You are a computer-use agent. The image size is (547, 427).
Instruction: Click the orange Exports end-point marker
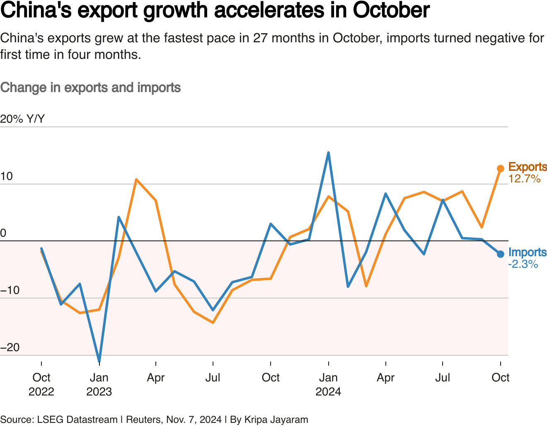[x=501, y=168]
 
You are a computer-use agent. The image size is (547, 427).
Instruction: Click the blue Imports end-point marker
[x=501, y=254]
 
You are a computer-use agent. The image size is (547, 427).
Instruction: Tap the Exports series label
[x=527, y=167]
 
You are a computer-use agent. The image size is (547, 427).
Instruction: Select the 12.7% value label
[x=524, y=179]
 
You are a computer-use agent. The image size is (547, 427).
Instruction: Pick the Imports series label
[x=527, y=252]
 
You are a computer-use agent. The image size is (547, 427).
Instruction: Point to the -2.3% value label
[x=523, y=264]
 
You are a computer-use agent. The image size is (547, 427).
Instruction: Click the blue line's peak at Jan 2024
[x=328, y=153]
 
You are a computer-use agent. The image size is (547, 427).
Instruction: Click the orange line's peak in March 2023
[x=136, y=180]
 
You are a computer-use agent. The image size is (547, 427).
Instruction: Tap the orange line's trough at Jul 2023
[x=213, y=322]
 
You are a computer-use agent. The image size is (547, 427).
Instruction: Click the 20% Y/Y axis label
[x=22, y=119]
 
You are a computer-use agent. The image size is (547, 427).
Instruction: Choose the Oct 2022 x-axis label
[x=41, y=384]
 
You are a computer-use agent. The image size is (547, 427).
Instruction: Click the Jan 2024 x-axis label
[x=328, y=384]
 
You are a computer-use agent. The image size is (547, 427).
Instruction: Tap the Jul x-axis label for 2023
[x=213, y=378]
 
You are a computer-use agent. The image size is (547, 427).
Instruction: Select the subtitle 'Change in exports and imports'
[x=90, y=87]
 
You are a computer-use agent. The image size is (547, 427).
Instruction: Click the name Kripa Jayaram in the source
[x=276, y=420]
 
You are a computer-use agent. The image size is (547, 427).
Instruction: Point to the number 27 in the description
[x=260, y=38]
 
